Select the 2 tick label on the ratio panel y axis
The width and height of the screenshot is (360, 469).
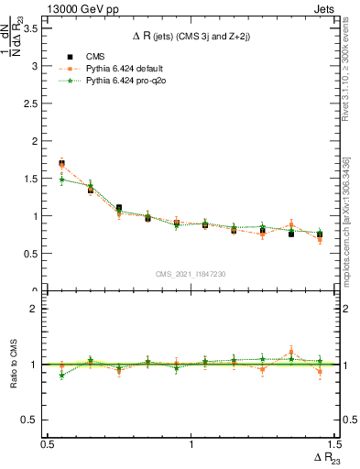pyautogui.click(x=38, y=309)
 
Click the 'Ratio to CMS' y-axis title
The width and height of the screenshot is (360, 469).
pyautogui.click(x=12, y=364)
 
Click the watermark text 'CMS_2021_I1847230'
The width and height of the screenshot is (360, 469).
pyautogui.click(x=191, y=274)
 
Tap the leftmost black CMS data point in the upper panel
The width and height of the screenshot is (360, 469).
pyautogui.click(x=61, y=164)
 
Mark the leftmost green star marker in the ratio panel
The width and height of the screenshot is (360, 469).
pyautogui.click(x=61, y=376)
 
